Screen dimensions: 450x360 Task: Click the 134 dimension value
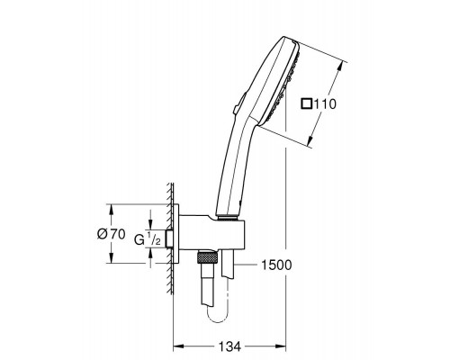[229, 346]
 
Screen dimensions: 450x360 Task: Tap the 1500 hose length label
[276, 265]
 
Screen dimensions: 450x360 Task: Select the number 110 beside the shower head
[325, 104]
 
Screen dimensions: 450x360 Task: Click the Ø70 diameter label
[112, 234]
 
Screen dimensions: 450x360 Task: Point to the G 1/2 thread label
[148, 239]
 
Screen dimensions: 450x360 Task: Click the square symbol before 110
[307, 103]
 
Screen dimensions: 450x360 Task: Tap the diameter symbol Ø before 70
[103, 234]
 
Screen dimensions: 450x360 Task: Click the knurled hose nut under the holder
[206, 257]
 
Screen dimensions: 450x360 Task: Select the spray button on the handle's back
[239, 103]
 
